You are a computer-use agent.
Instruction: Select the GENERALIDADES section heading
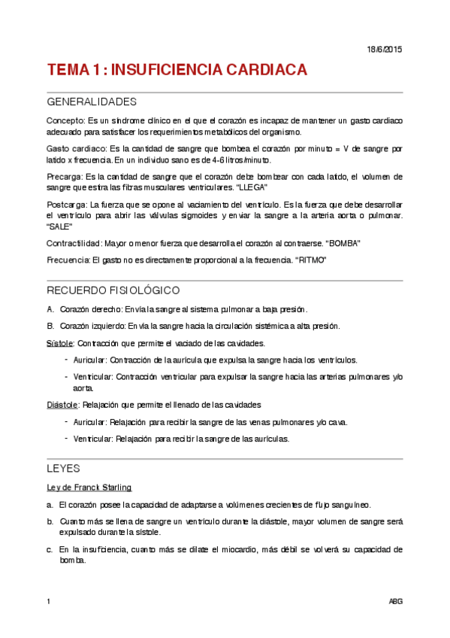coord(92,102)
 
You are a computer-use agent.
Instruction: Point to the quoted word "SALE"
coord(59,226)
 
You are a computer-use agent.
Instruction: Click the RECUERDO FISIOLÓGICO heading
coord(113,290)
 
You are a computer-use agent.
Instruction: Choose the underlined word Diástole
coord(59,405)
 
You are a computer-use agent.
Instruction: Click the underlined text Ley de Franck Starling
coord(89,487)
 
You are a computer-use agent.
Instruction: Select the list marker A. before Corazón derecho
coord(50,309)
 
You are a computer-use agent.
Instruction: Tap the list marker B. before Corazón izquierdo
coord(50,326)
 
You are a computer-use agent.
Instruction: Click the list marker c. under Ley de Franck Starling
coord(50,549)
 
